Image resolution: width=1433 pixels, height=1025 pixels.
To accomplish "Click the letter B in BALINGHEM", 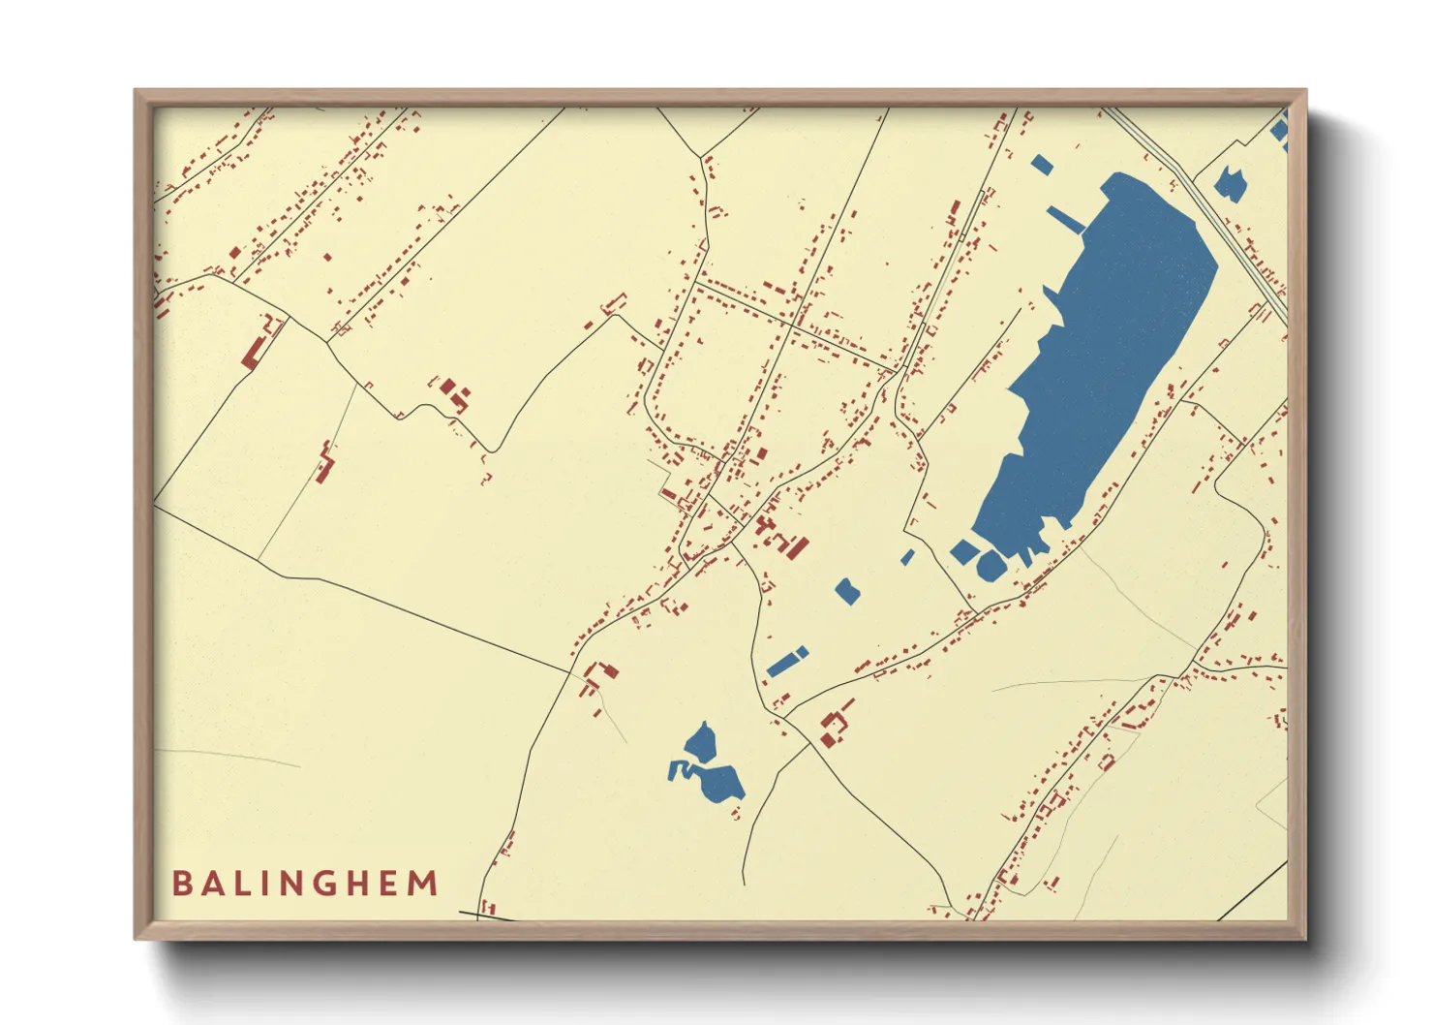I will tap(181, 884).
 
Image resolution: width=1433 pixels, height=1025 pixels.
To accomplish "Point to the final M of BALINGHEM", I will tap(423, 884).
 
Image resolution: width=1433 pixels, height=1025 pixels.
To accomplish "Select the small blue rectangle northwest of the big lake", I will tap(1042, 165).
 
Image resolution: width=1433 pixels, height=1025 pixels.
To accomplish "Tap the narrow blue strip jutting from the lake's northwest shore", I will tap(1065, 220).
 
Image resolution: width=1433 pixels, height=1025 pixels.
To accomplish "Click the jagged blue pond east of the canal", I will tap(1230, 183).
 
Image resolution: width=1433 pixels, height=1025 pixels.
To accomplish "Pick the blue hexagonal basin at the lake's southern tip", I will tap(990, 566).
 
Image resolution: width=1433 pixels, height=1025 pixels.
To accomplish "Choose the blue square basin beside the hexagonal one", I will tap(963, 552).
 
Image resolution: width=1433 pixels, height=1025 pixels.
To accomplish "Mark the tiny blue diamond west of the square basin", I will tap(907, 557).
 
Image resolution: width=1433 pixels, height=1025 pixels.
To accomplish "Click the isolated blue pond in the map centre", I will tap(847, 591).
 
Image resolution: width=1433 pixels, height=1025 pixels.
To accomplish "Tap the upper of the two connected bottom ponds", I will tap(700, 744).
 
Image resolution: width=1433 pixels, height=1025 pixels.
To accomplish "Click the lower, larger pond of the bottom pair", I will tap(721, 782).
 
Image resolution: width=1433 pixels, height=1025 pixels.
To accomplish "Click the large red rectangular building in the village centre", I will tap(797, 548).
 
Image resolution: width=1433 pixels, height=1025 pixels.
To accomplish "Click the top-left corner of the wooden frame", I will tap(136, 91).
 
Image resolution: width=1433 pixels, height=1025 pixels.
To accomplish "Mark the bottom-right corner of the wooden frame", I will tap(1305, 938).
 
